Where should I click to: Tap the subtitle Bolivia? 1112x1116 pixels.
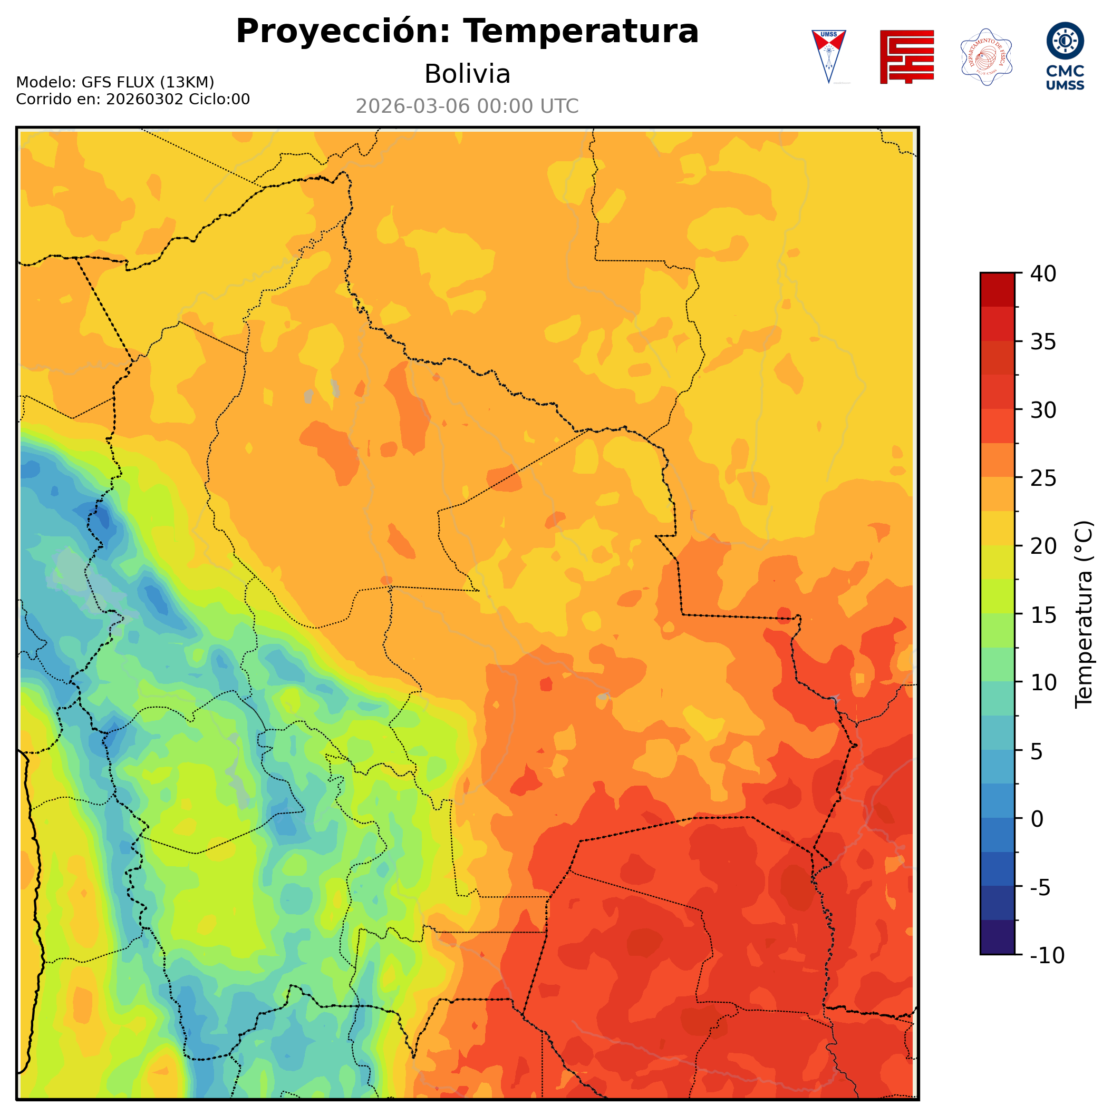click(467, 74)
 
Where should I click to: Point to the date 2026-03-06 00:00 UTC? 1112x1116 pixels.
click(467, 106)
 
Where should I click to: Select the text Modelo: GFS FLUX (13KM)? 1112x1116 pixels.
click(115, 82)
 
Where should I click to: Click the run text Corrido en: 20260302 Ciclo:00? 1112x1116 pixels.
click(133, 100)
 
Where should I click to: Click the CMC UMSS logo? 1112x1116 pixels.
click(1065, 56)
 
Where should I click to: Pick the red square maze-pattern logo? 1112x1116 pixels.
click(907, 56)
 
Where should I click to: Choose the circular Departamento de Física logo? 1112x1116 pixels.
click(986, 56)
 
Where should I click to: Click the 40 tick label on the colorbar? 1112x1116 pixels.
click(1043, 274)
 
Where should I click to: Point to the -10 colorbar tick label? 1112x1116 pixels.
click(1047, 956)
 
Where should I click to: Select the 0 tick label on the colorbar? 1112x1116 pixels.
click(1038, 819)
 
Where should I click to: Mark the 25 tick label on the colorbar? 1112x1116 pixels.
click(1043, 478)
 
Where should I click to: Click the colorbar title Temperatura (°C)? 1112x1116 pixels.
click(1084, 614)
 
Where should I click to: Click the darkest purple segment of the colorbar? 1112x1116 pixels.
click(997, 938)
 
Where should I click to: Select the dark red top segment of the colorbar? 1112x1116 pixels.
click(997, 289)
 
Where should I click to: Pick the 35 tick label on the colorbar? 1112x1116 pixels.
click(1043, 342)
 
